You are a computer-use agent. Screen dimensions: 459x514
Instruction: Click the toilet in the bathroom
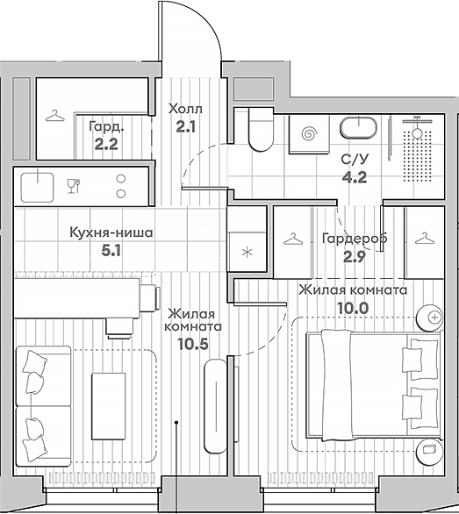point(261,130)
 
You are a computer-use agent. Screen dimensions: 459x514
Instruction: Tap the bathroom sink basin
point(358,128)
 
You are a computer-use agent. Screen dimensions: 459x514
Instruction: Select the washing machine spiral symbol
point(309,133)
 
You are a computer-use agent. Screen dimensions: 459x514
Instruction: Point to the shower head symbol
point(417,125)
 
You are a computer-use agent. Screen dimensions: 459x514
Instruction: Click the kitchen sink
point(37,187)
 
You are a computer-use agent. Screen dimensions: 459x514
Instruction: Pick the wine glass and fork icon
point(74,186)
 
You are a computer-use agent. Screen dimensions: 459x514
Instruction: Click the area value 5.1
point(111,251)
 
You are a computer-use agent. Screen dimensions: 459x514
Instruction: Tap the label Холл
point(185,109)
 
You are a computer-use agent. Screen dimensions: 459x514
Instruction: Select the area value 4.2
point(355,177)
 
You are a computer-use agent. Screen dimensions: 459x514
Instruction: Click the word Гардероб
point(355,239)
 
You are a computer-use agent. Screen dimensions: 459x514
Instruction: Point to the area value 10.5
point(193,344)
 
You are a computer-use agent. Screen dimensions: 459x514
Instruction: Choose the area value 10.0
point(353,308)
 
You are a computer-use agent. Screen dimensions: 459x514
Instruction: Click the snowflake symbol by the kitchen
point(247,253)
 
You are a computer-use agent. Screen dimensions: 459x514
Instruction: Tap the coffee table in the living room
point(108,406)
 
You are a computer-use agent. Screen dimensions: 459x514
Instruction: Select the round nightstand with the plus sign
point(429,318)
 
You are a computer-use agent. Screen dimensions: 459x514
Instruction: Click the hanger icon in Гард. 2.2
point(54,116)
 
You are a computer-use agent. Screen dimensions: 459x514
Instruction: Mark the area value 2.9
point(355,257)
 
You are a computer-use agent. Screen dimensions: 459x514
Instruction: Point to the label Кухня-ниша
point(111,232)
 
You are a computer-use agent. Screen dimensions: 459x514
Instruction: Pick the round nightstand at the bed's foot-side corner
point(429,450)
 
